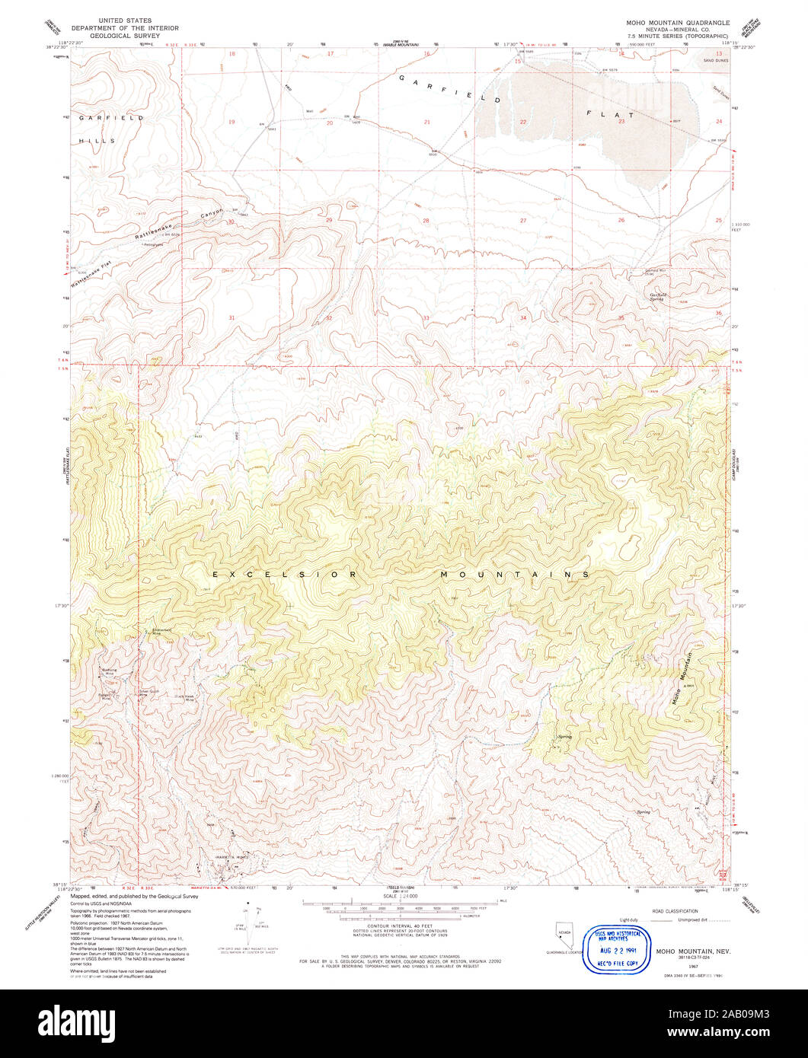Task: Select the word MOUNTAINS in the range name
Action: click(x=516, y=574)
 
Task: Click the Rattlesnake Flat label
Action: click(x=91, y=274)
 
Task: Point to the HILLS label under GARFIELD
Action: click(x=97, y=141)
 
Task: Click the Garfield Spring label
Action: click(x=657, y=297)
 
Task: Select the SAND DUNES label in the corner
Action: click(x=717, y=59)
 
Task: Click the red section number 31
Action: click(x=232, y=317)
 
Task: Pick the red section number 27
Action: click(x=523, y=221)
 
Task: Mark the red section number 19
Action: click(x=232, y=122)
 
